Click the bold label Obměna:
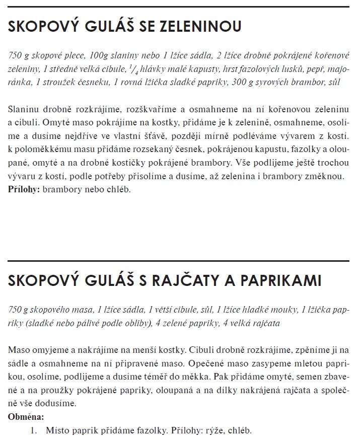26,417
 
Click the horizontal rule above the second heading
180,261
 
